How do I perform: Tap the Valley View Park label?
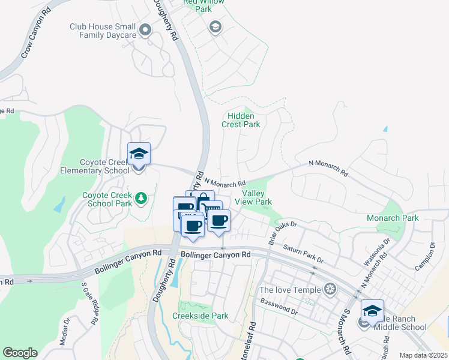click(257, 197)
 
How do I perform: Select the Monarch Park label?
click(393, 218)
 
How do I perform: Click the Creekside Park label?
click(200, 316)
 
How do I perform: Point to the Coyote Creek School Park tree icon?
click(141, 197)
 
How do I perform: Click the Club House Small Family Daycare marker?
click(145, 29)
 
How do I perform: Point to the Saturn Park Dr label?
click(303, 253)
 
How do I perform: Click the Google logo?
click(20, 353)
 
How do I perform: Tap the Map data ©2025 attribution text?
click(423, 355)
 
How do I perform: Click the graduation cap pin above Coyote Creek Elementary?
click(139, 154)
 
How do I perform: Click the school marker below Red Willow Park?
click(215, 27)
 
